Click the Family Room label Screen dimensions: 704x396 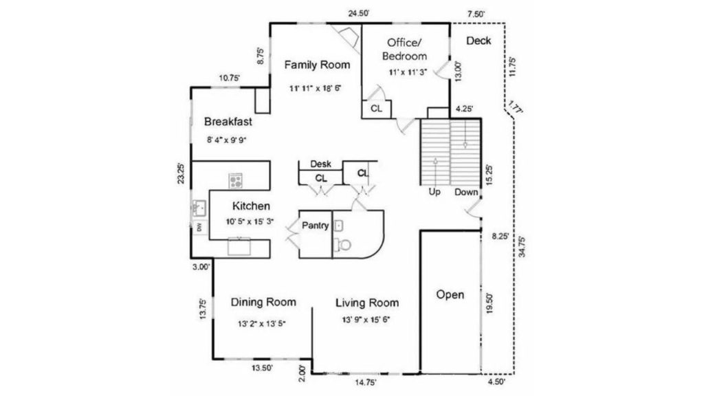click(317, 65)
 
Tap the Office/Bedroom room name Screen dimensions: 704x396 click(404, 49)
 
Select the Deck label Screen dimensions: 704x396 click(478, 41)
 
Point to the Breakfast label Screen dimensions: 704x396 click(228, 122)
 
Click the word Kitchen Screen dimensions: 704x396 click(251, 206)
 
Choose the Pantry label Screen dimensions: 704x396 click(315, 225)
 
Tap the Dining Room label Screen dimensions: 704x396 click(263, 302)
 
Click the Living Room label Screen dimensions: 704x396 click(367, 303)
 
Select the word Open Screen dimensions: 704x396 click(450, 295)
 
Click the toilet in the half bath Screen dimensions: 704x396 click(344, 245)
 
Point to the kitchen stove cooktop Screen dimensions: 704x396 click(236, 181)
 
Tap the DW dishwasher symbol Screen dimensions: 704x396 click(199, 228)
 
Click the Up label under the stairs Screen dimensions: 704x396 click(434, 192)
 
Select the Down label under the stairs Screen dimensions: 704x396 click(467, 192)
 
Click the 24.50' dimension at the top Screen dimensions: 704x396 click(359, 14)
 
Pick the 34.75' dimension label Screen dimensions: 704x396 click(522, 247)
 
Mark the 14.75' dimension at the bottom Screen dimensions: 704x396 click(366, 382)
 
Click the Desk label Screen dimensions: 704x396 click(321, 164)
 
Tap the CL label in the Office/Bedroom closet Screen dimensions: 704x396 click(376, 109)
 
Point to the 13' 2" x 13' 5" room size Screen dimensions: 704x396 click(262, 323)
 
